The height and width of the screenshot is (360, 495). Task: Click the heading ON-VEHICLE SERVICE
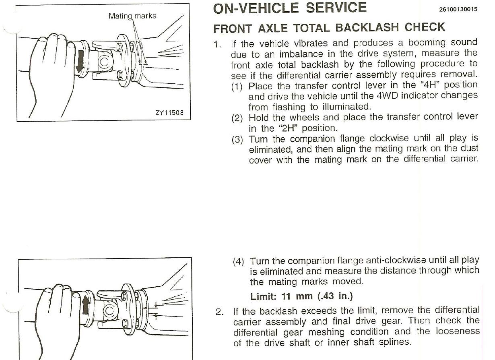point(289,8)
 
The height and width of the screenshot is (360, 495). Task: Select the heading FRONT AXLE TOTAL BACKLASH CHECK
point(329,28)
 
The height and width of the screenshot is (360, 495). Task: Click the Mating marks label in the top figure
point(132,16)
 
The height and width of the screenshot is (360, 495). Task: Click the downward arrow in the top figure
point(80,61)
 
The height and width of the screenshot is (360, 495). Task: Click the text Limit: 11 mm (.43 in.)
point(301,297)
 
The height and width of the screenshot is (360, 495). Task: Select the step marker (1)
point(238,86)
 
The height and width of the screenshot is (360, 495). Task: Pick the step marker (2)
point(238,118)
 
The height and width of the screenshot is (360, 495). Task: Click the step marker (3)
point(238,139)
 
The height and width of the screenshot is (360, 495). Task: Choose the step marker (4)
point(239,261)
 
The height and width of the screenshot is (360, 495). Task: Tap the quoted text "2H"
point(287,128)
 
